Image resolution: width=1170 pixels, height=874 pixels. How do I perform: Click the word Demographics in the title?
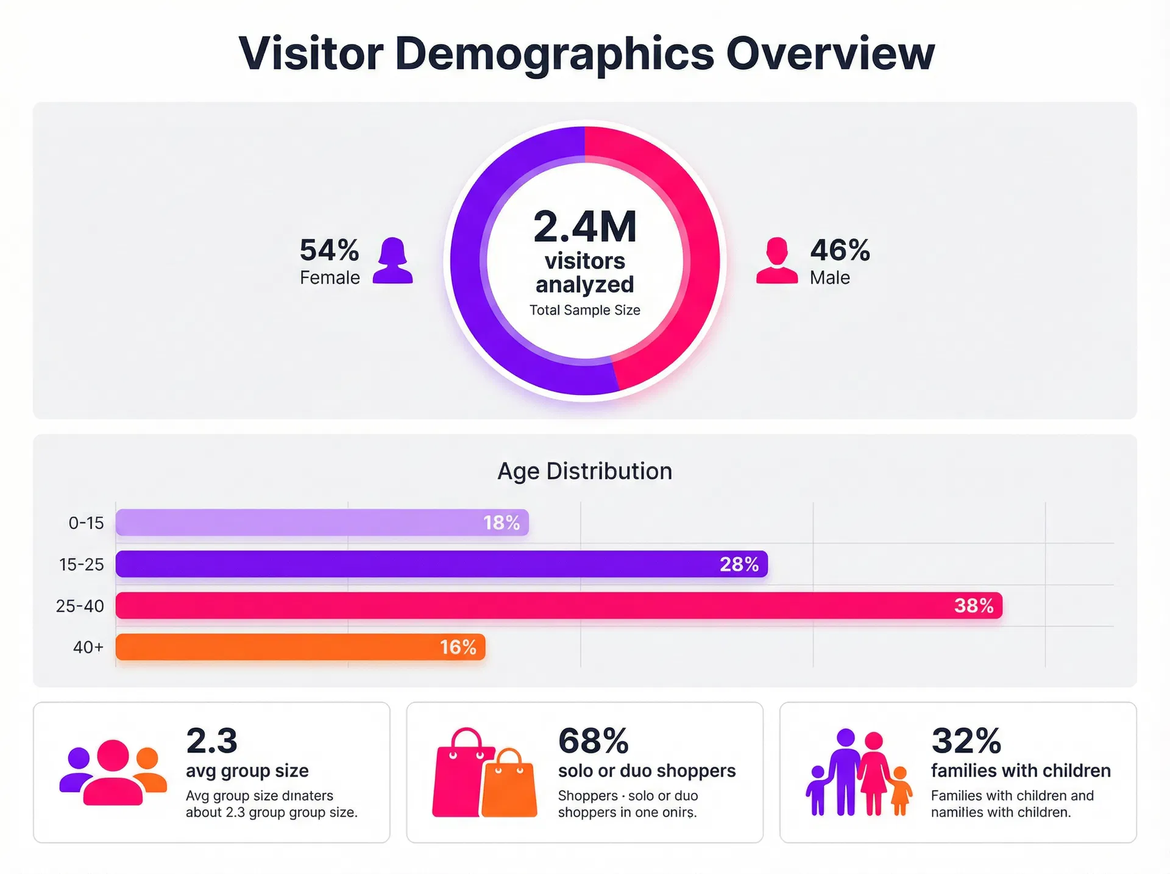click(554, 54)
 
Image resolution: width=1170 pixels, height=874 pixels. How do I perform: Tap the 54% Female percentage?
click(329, 250)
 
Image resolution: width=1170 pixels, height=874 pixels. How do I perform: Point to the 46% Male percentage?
click(840, 250)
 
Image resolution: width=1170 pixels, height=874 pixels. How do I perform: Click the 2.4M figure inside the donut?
click(585, 227)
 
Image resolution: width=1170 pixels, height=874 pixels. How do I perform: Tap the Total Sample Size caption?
click(585, 310)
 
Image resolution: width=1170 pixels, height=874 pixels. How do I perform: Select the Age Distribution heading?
click(584, 471)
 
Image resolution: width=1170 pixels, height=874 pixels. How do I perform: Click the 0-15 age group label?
click(86, 523)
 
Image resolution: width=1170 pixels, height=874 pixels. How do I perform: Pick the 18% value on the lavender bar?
click(502, 523)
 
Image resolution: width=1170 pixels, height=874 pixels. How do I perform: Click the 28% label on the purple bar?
click(739, 564)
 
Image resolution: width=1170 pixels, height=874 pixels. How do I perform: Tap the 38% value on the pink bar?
click(974, 606)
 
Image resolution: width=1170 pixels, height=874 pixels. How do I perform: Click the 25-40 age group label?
click(80, 606)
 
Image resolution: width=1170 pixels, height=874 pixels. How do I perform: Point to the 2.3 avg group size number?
click(211, 741)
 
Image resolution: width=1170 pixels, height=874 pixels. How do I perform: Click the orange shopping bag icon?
click(509, 786)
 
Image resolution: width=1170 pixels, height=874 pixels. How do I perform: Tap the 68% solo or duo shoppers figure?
click(593, 741)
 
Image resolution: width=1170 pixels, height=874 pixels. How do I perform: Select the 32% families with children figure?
click(966, 741)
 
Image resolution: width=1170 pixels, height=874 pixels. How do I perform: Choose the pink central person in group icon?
click(113, 774)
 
